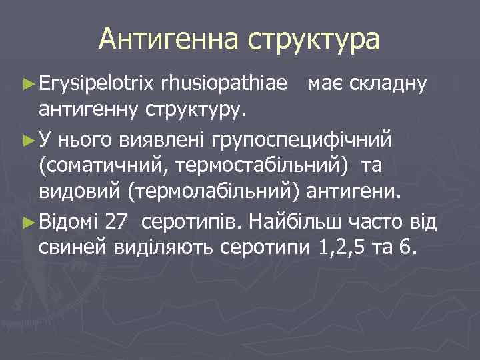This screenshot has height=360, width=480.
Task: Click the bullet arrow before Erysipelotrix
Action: (28, 85)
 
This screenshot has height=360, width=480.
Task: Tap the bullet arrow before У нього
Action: (28, 141)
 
